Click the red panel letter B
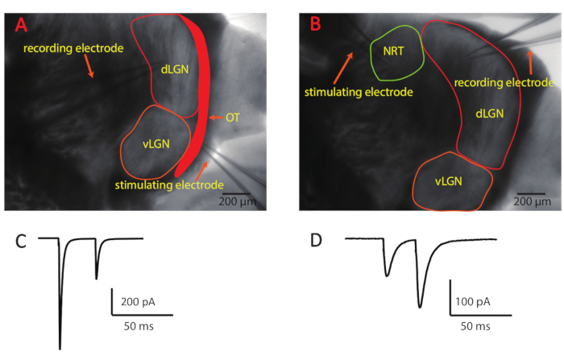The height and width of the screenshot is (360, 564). [x=316, y=24]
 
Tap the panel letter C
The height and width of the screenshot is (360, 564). [x=21, y=240]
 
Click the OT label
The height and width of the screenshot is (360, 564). [x=233, y=118]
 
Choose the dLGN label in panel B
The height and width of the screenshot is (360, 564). [x=489, y=115]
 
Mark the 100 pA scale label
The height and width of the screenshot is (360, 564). [x=471, y=302]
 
